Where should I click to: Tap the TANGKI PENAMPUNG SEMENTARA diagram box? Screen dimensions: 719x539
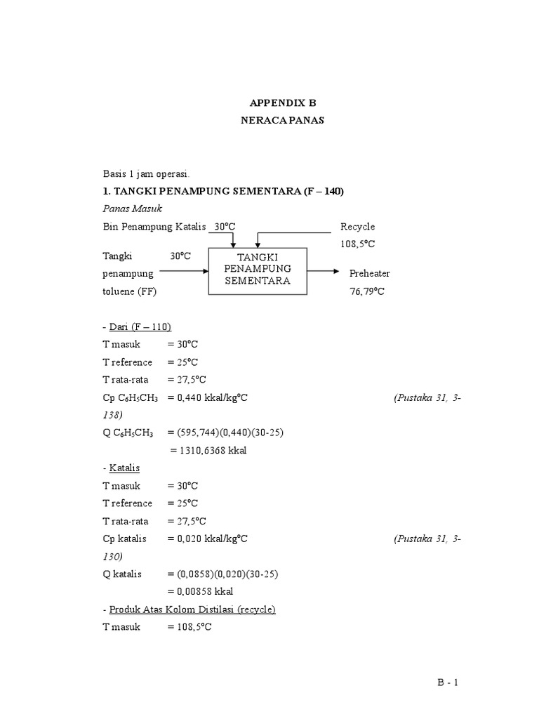pyautogui.click(x=258, y=270)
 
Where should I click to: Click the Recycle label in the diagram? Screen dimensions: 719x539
pyautogui.click(x=357, y=227)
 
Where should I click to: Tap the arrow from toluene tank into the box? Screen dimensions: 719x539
pyautogui.click(x=184, y=270)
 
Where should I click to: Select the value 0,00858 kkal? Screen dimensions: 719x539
pyautogui.click(x=200, y=591)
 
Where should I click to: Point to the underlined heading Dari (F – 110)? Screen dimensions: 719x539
pyautogui.click(x=139, y=326)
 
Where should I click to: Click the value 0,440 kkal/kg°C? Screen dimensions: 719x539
pyautogui.click(x=211, y=397)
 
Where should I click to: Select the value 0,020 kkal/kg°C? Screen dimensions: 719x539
pyautogui.click(x=211, y=539)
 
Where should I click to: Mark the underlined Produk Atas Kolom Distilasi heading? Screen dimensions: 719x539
pyautogui.click(x=191, y=609)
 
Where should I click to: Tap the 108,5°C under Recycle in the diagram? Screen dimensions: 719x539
pyautogui.click(x=358, y=244)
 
